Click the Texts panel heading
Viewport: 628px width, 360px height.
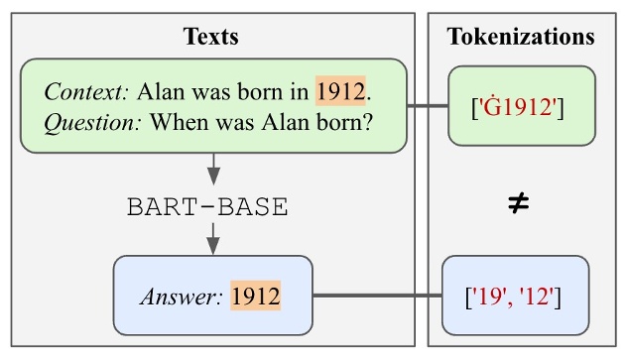(211, 38)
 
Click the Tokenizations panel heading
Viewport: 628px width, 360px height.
(521, 38)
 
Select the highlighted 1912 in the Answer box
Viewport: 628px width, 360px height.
(256, 295)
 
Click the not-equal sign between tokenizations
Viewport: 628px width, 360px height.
(518, 204)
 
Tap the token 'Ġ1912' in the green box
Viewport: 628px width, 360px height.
(521, 107)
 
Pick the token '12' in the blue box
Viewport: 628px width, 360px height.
(542, 295)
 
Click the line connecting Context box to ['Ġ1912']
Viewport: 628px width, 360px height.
(428, 106)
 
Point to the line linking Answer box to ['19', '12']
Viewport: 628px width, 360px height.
(377, 295)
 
